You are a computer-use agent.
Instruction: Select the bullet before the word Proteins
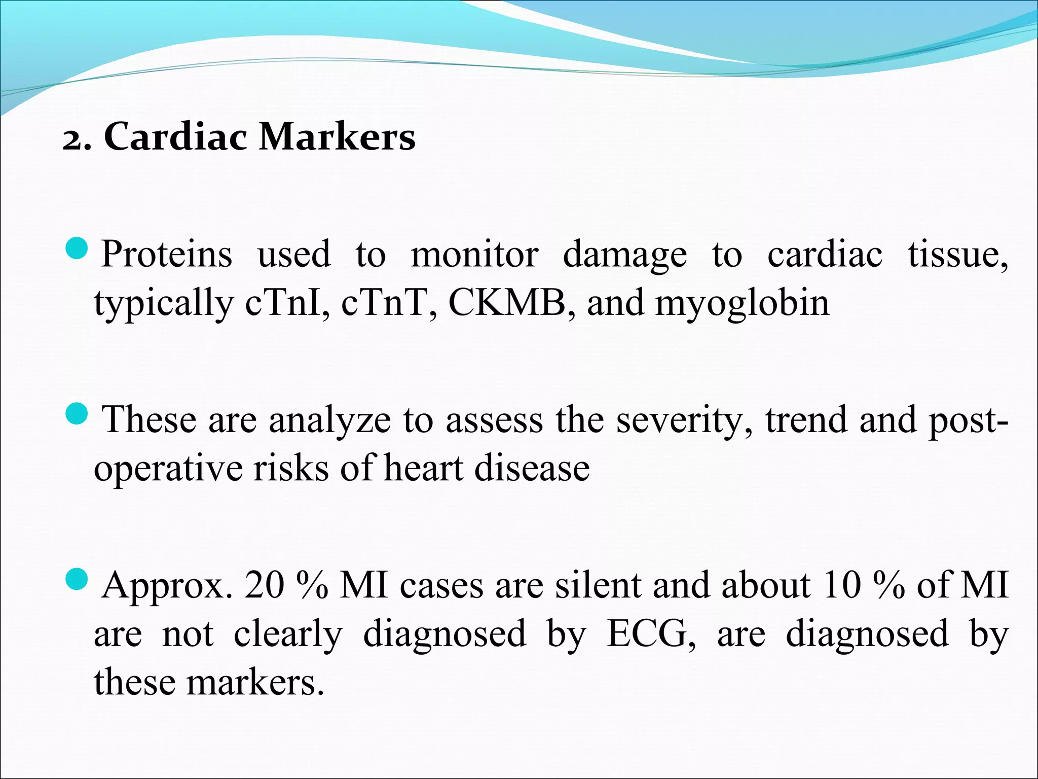point(78,250)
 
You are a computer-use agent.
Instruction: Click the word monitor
point(474,254)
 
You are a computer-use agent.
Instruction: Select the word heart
point(423,468)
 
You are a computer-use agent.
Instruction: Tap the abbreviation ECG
point(651,633)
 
